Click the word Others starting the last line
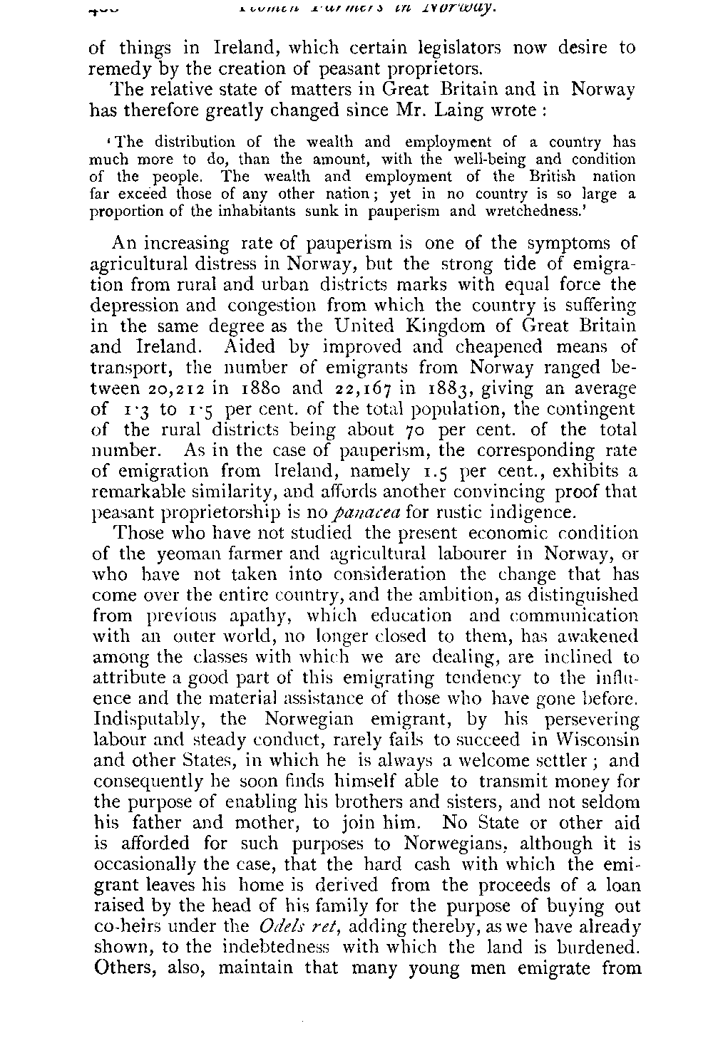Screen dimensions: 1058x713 125,968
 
